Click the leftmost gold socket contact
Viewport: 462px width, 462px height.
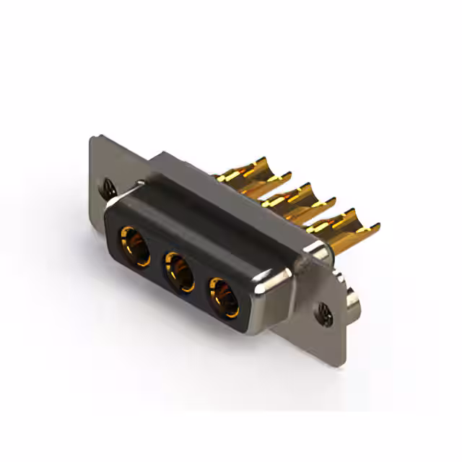pyautogui.click(x=134, y=246)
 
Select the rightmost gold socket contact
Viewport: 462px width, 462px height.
pyautogui.click(x=224, y=295)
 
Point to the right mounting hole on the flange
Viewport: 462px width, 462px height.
pyautogui.click(x=323, y=313)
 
